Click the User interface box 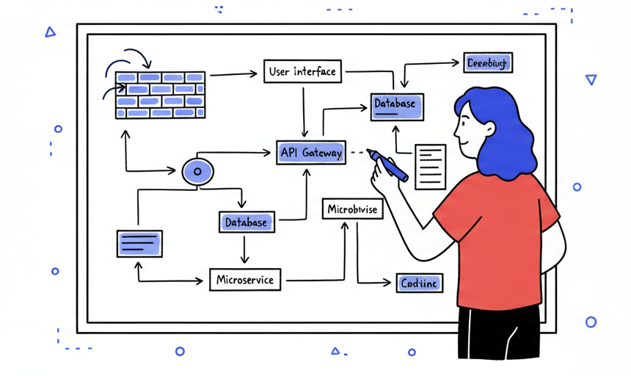point(302,72)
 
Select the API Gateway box point(311,153)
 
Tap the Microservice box point(245,280)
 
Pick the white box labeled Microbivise point(352,209)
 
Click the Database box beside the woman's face point(395,104)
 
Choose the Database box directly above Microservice point(247,222)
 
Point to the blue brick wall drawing point(160,95)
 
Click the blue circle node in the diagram point(197,172)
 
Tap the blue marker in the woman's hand point(388,164)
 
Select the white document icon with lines point(431,166)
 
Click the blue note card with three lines point(139,243)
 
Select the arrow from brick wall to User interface point(233,73)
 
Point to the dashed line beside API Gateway point(357,153)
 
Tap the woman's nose point(456,132)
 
